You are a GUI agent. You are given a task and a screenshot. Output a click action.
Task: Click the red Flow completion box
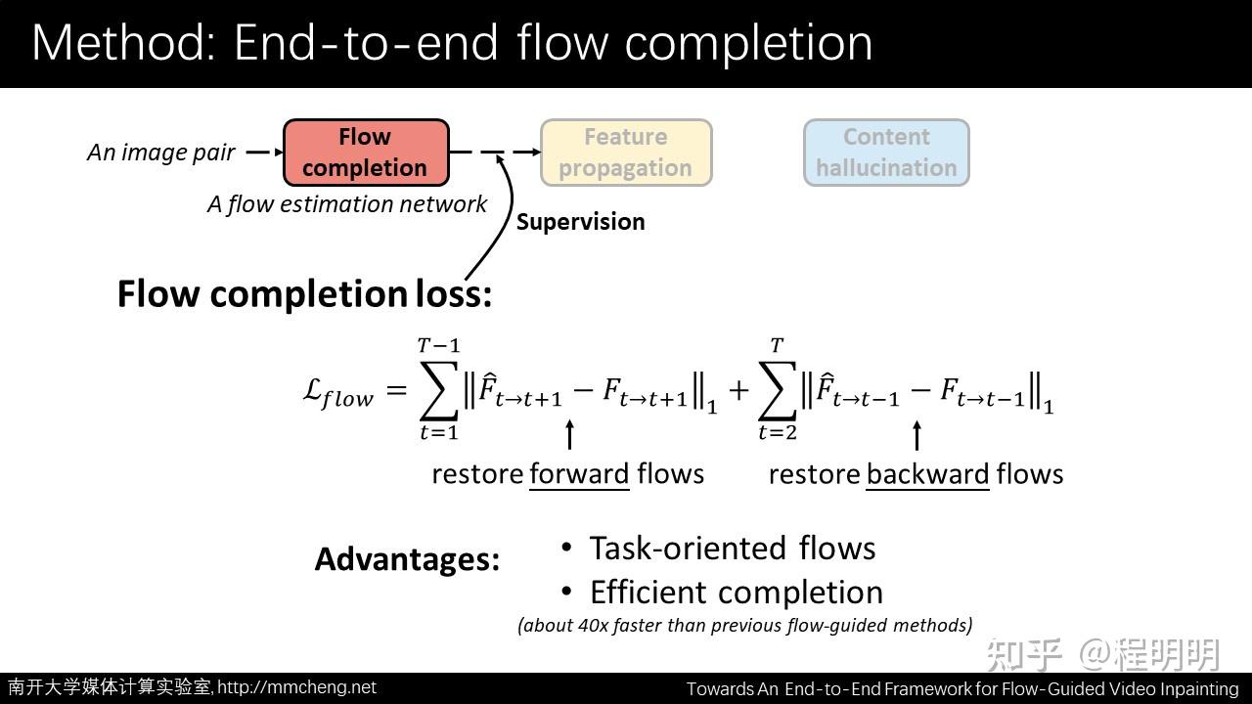click(366, 153)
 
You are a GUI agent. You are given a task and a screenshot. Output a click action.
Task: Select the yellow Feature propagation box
click(626, 153)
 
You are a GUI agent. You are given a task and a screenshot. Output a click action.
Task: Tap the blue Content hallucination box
click(886, 153)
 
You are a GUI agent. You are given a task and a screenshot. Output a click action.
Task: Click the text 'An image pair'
click(161, 153)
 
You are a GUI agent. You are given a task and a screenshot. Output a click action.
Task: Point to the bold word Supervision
click(580, 222)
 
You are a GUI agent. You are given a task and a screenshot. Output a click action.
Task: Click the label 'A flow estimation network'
click(347, 204)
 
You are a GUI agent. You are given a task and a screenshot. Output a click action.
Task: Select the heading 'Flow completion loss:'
click(304, 293)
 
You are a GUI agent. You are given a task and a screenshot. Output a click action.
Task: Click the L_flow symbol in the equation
click(337, 393)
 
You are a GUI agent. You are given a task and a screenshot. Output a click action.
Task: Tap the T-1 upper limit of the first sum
click(438, 346)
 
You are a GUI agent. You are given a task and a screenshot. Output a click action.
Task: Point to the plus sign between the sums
click(738, 390)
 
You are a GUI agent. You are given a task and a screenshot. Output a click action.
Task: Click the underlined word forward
click(579, 474)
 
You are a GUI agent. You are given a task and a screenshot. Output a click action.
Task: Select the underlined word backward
click(927, 474)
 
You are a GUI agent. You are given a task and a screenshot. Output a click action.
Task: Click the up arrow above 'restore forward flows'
click(569, 434)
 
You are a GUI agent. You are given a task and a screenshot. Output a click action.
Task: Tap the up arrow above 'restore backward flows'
click(917, 434)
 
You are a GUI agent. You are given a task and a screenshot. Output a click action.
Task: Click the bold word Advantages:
click(407, 559)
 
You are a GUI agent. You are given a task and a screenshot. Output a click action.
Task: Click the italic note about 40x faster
click(744, 625)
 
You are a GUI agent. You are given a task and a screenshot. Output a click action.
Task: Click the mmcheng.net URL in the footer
click(296, 687)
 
